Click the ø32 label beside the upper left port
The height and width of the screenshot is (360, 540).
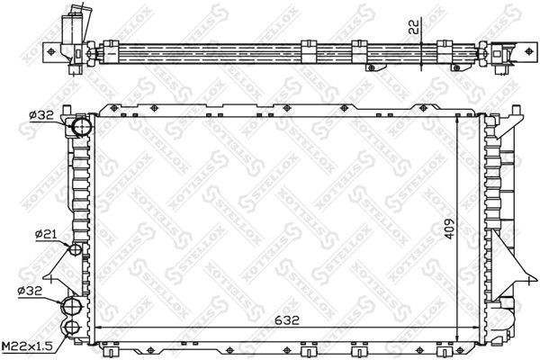41,114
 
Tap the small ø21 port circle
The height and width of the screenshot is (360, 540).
76,248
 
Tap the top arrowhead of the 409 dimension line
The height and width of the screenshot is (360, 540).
459,120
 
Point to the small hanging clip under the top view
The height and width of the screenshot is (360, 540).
369,67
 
